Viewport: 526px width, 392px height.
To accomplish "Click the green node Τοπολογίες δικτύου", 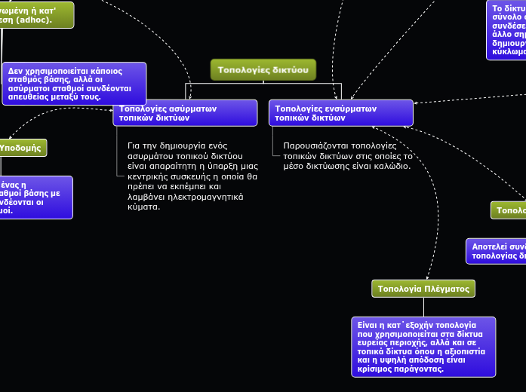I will pyautogui.click(x=263, y=69).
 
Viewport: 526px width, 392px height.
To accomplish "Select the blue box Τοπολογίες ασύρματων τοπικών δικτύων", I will pyautogui.click(x=185, y=113).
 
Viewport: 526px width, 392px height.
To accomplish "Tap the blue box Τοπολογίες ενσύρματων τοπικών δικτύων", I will pyautogui.click(x=340, y=113).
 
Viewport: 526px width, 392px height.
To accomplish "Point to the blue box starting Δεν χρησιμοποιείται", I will pyautogui.click(x=74, y=83).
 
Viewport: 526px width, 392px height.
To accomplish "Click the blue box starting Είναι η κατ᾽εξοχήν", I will pyautogui.click(x=423, y=346).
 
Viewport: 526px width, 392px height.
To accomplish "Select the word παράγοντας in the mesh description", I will pyautogui.click(x=419, y=369).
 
